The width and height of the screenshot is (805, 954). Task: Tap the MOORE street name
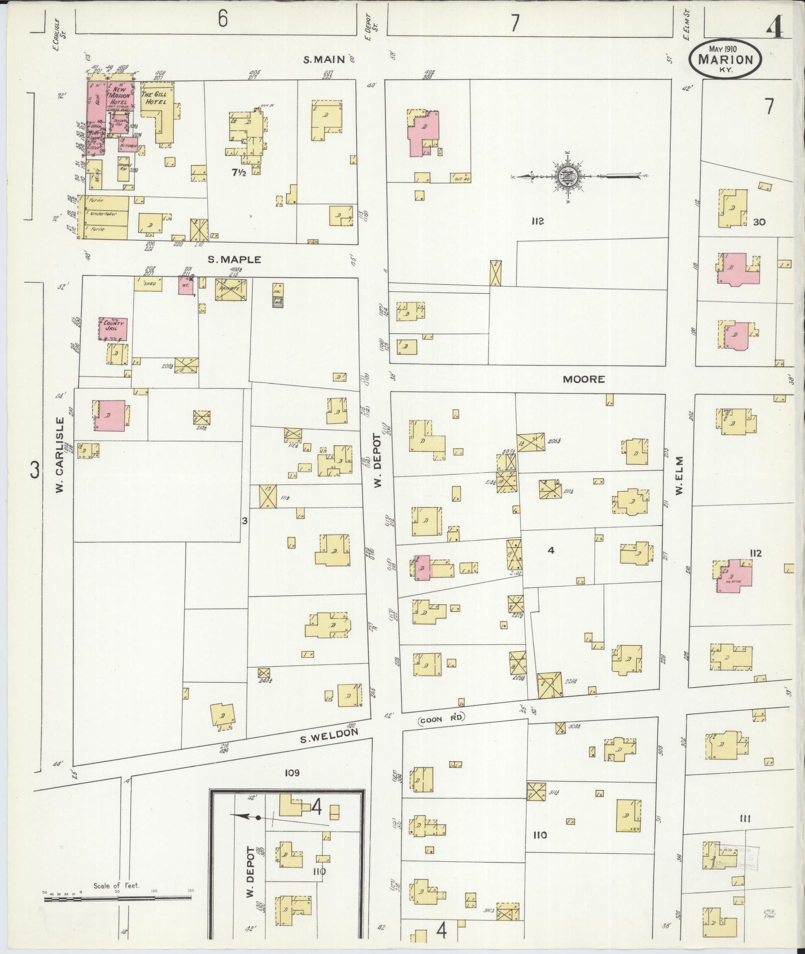coord(583,379)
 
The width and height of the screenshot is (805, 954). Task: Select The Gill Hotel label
coord(154,98)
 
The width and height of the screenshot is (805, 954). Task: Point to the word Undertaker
coord(103,214)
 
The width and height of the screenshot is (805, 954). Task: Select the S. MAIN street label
coord(325,60)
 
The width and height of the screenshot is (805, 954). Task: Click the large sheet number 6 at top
coord(223,19)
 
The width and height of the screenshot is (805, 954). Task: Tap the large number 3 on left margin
coord(34,470)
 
